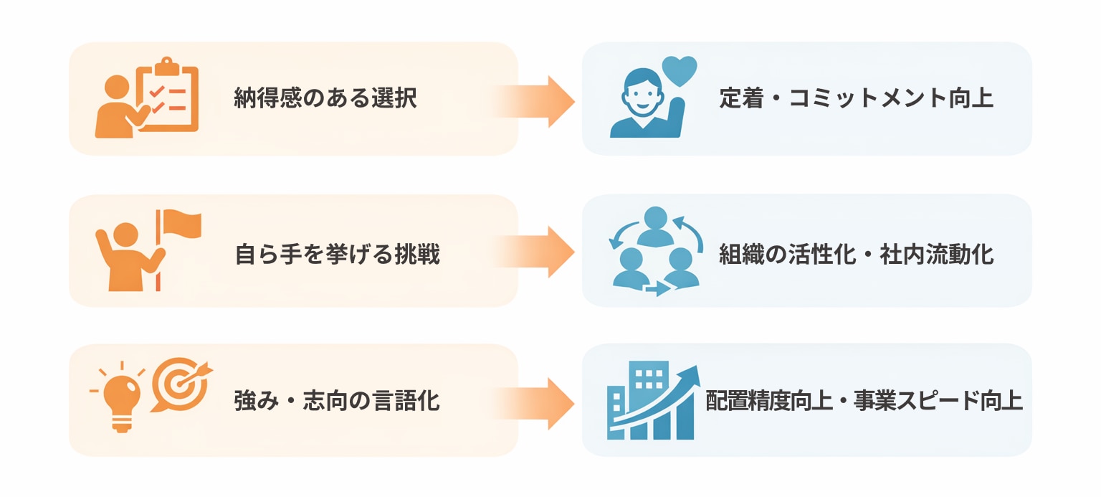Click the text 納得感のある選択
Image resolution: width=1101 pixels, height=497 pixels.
pyautogui.click(x=325, y=98)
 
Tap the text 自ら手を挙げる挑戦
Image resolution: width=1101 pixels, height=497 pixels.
pyautogui.click(x=337, y=254)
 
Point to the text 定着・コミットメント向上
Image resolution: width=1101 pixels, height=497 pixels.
pyautogui.click(x=857, y=98)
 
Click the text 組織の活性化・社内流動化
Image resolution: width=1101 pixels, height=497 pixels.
pyautogui.click(x=857, y=255)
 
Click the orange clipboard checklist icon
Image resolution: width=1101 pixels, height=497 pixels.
pyautogui.click(x=169, y=97)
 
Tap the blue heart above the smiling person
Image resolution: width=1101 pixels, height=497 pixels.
pyautogui.click(x=679, y=70)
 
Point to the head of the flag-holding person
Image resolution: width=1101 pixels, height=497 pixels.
pyautogui.click(x=126, y=235)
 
